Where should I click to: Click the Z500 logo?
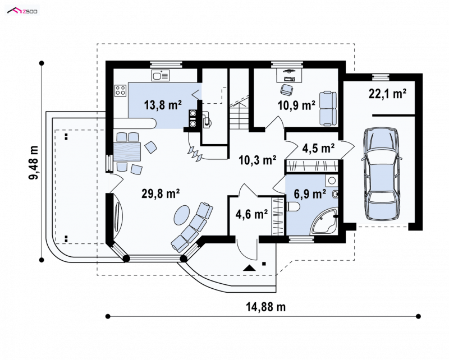coord(22,11)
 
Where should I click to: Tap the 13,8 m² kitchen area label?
coord(163,105)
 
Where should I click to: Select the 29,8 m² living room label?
coord(161,193)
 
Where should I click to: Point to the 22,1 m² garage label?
coord(387,94)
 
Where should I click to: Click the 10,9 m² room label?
coord(297,105)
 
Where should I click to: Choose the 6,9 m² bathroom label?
coord(310,194)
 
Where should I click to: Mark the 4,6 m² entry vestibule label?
coord(251,214)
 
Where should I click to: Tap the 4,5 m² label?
coord(318,148)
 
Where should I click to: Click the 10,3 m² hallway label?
coord(258,160)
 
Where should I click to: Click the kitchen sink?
coord(161,76)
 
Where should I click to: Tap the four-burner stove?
coord(120,90)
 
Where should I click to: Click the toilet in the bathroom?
coord(292,206)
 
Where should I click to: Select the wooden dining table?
coord(128,151)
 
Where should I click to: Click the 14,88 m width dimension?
coord(265,307)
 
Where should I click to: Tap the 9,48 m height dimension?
coord(34,163)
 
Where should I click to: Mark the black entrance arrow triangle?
coord(249,268)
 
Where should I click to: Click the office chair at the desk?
coord(287,90)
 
